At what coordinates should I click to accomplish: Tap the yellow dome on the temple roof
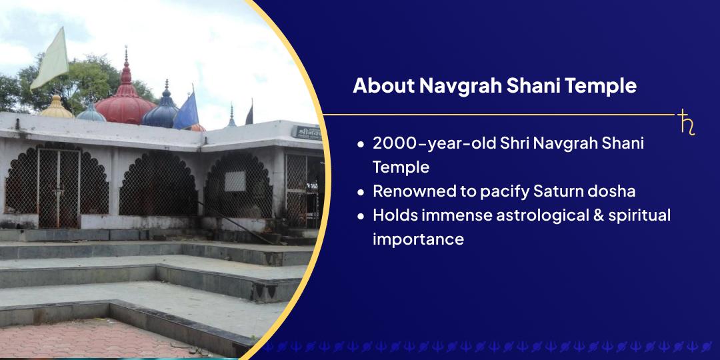pos(57,108)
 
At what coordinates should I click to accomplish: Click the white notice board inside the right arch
pos(235,181)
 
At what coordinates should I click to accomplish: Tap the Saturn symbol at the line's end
pos(686,123)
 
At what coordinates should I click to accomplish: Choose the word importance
pos(418,239)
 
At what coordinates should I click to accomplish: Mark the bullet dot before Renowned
pos(361,192)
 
